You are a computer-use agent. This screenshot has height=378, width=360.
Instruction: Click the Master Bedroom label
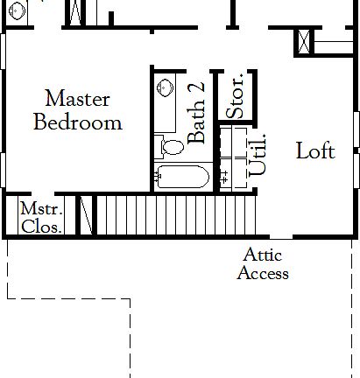pyautogui.click(x=77, y=109)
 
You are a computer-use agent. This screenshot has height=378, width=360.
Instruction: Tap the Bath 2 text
pyautogui.click(x=198, y=112)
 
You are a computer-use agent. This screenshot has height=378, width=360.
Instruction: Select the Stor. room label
pyautogui.click(x=236, y=97)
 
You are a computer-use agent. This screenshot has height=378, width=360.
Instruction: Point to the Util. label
pyautogui.click(x=258, y=157)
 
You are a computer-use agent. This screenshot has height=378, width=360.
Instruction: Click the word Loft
pyautogui.click(x=314, y=150)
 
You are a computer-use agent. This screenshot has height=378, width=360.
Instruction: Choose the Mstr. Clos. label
pyautogui.click(x=41, y=218)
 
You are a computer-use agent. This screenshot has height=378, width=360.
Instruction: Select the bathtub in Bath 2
pyautogui.click(x=182, y=177)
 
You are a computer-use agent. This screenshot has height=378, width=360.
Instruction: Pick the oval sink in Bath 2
pyautogui.click(x=164, y=88)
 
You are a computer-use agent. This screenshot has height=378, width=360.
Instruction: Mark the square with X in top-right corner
pyautogui.click(x=305, y=41)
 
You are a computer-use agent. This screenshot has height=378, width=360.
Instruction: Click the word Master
pyautogui.click(x=77, y=97)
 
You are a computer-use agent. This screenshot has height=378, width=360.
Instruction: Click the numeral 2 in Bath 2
pyautogui.click(x=198, y=89)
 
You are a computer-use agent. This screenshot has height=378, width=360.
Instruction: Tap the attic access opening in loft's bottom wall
pyautogui.click(x=280, y=237)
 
